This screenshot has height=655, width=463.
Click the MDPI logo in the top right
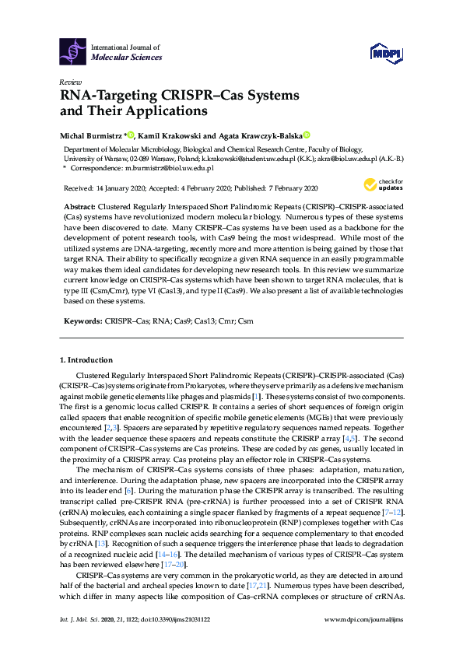pos(386,52)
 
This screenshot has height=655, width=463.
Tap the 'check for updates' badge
pos(381,185)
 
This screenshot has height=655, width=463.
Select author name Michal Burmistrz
pos(87,135)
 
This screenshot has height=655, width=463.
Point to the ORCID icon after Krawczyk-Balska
pos(307,135)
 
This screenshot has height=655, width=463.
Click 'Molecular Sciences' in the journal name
pos(127,57)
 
